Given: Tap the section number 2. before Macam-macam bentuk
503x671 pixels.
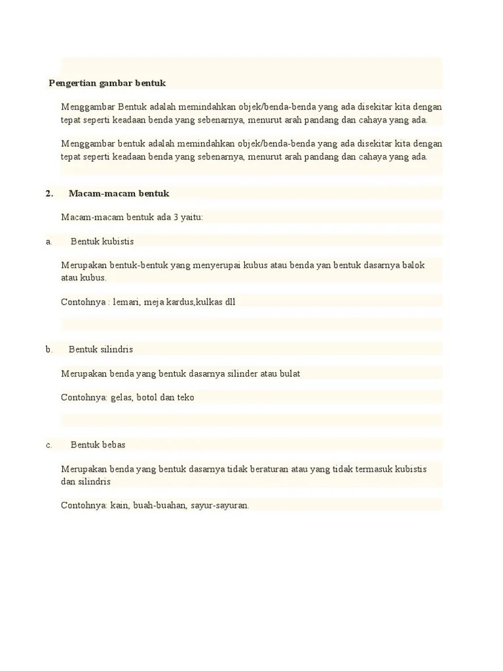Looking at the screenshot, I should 49,193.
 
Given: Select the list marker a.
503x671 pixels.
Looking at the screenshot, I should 48,241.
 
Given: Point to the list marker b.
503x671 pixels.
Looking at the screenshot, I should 49,349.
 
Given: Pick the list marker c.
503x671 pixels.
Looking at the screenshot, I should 48,445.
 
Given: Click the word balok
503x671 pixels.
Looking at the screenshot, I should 413,265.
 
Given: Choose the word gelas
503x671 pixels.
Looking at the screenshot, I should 122,397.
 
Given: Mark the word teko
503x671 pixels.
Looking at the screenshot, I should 185,397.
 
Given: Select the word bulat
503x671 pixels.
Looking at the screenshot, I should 289,374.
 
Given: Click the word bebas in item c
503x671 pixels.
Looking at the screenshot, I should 113,445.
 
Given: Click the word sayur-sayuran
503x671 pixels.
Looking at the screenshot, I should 220,505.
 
